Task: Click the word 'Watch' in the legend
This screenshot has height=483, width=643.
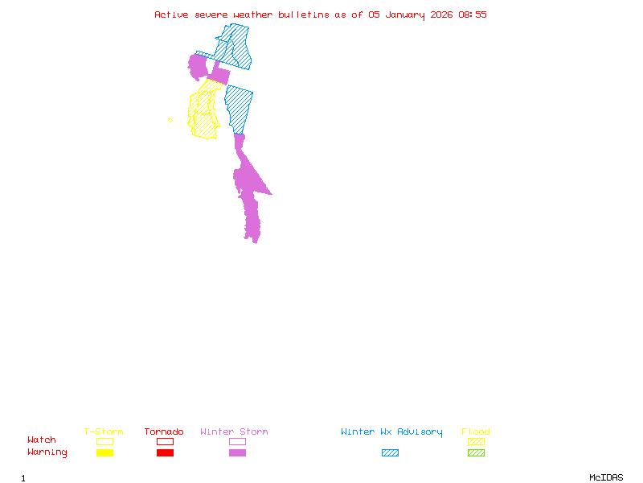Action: coord(42,440)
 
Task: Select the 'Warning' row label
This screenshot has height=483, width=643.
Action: coord(47,452)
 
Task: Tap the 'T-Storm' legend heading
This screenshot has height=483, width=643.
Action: coord(104,431)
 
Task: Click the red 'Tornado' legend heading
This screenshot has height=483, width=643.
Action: coord(164,431)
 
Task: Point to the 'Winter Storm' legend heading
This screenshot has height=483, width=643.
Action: coord(234,431)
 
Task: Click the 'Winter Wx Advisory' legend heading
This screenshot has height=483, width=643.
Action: coord(391,431)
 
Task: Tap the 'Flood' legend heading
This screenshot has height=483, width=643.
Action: coord(476,431)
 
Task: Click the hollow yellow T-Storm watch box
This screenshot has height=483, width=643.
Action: coord(104,441)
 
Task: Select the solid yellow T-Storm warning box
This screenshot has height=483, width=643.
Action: coord(104,452)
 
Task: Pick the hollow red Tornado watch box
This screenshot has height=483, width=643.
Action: coord(165,441)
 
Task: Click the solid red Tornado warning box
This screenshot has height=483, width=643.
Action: coord(165,452)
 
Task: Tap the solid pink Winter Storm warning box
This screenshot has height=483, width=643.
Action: coord(237,452)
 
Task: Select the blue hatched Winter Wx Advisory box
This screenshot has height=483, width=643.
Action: coord(390,452)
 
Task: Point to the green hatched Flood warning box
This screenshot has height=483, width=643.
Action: coord(476,452)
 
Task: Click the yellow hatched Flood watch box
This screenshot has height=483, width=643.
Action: coord(476,441)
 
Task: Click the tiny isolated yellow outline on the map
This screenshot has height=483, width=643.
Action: coord(170,120)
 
